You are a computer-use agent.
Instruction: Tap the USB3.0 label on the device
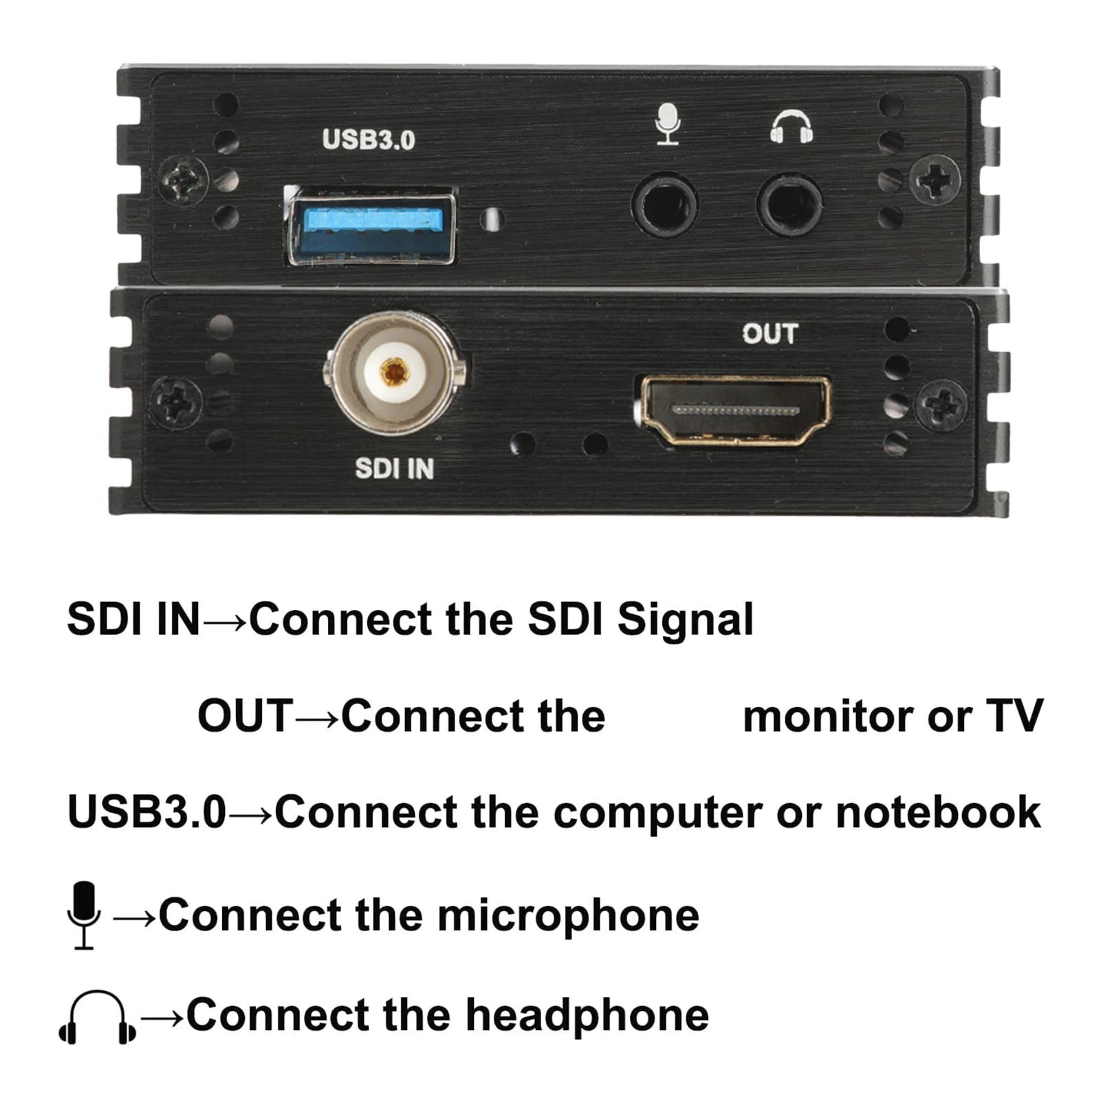pyautogui.click(x=369, y=140)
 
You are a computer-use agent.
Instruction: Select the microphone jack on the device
pyautogui.click(x=664, y=205)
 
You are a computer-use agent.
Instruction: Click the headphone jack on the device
pyautogui.click(x=789, y=205)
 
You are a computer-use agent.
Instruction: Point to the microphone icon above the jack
pyautogui.click(x=667, y=124)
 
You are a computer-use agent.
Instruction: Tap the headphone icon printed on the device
pyautogui.click(x=791, y=128)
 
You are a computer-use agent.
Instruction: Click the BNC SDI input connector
pyautogui.click(x=394, y=373)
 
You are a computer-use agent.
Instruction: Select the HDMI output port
pyautogui.click(x=734, y=410)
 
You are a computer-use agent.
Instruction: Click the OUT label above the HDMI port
pyautogui.click(x=770, y=334)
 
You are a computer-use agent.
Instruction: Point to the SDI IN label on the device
pyautogui.click(x=394, y=469)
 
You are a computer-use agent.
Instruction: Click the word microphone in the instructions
pyautogui.click(x=568, y=915)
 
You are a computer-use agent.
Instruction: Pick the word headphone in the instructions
pyautogui.click(x=587, y=1015)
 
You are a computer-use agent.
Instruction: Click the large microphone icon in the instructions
pyautogui.click(x=84, y=915)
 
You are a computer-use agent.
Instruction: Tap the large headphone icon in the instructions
pyautogui.click(x=97, y=1017)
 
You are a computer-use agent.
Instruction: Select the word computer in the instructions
pyautogui.click(x=657, y=812)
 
